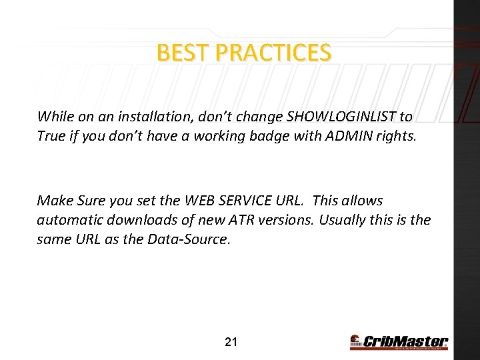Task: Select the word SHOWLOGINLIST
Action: coord(341,117)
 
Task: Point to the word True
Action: coord(50,136)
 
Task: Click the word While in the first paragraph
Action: coord(56,117)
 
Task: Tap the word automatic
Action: coord(68,220)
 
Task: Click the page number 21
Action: coord(231,343)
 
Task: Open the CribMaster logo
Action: coord(399,342)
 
